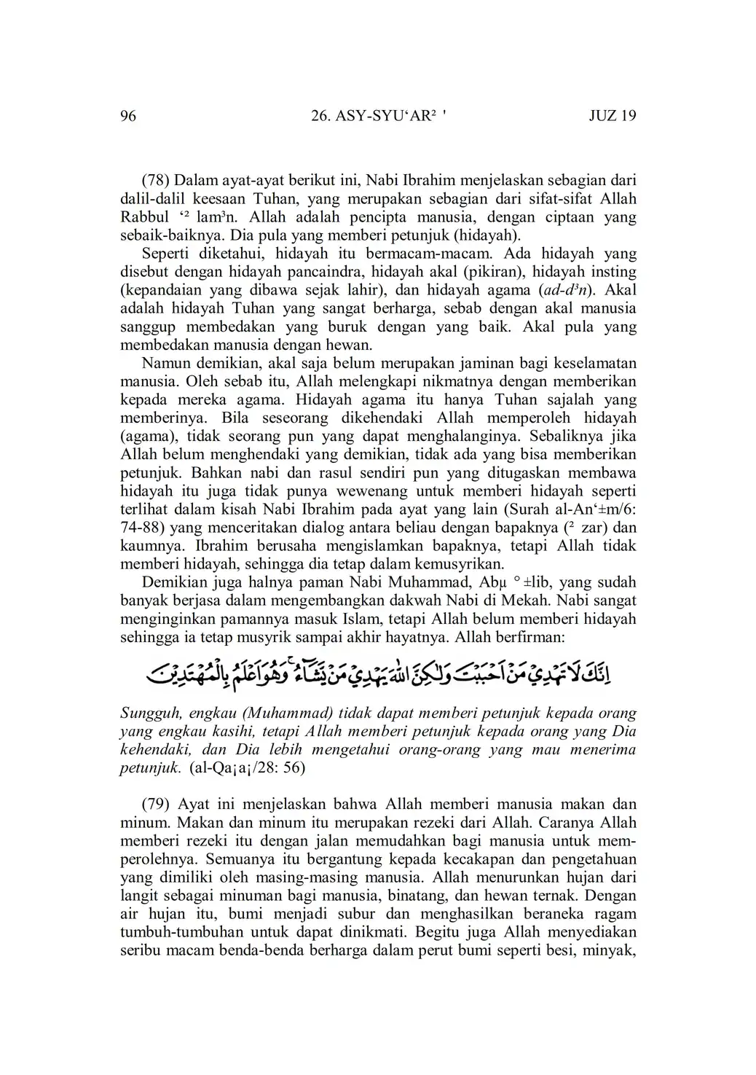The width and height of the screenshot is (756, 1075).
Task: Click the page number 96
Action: click(x=128, y=116)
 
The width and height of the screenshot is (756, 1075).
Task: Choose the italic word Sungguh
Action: click(x=149, y=714)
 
